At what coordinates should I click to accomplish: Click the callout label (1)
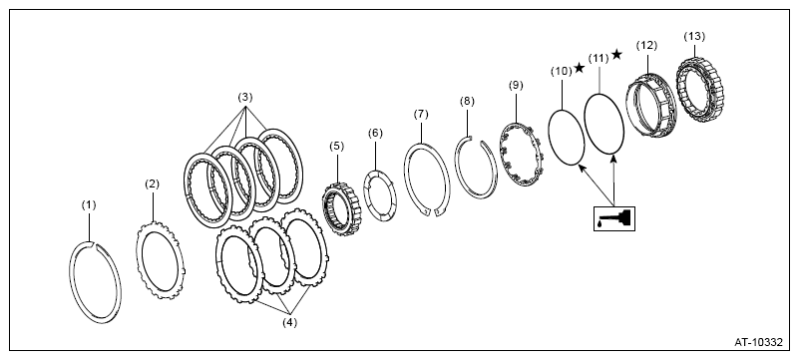tap(89, 205)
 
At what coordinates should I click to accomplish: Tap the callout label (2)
tap(152, 184)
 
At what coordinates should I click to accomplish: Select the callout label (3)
tap(244, 98)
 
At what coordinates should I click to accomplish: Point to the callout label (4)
tap(289, 322)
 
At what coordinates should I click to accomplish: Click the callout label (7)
tap(421, 115)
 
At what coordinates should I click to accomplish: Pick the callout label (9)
tap(516, 85)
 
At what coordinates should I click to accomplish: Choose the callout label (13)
tap(694, 37)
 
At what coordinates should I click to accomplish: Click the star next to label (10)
tap(580, 68)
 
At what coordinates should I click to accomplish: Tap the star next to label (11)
tap(616, 54)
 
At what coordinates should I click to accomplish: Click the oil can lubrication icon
tap(614, 218)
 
